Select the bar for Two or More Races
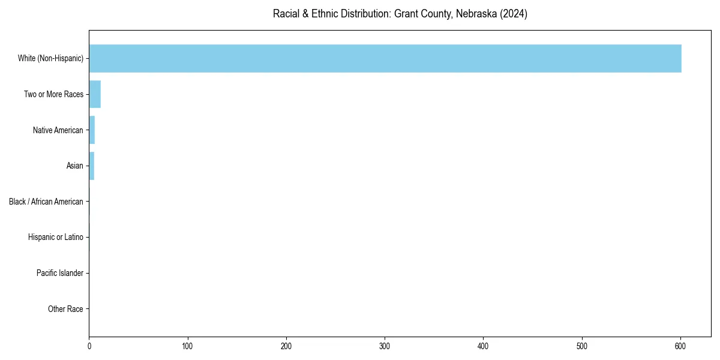click(95, 94)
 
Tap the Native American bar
click(92, 130)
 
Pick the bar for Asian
click(92, 166)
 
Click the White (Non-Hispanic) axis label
click(50, 58)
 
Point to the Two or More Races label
click(53, 94)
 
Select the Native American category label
click(58, 130)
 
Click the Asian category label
click(75, 166)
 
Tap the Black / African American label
click(46, 202)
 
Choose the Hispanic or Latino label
click(56, 238)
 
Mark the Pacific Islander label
click(60, 274)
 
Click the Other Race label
click(65, 309)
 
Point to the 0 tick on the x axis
click(89, 346)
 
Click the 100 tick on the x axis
click(188, 346)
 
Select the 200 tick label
click(286, 346)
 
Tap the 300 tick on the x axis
click(385, 346)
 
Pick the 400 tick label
click(483, 346)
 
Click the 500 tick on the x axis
click(582, 346)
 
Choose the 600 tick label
click(680, 346)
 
